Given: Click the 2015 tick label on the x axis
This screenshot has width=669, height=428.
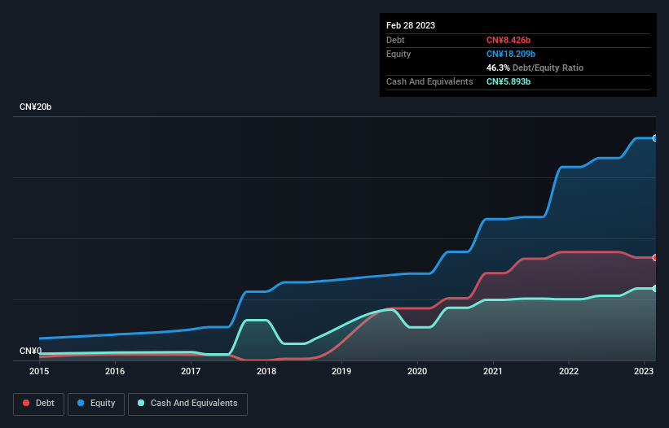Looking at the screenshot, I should click(x=39, y=372).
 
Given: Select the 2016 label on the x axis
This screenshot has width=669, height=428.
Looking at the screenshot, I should click(x=115, y=372).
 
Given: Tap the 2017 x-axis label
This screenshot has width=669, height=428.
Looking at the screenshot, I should click(x=191, y=372).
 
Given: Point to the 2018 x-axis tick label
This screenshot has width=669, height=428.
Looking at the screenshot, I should click(x=266, y=372).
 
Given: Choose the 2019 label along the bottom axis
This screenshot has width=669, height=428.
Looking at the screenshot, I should click(x=341, y=372).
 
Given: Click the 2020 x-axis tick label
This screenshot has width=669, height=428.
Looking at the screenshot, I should click(x=417, y=372).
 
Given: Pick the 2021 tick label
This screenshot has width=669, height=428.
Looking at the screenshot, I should click(x=493, y=372).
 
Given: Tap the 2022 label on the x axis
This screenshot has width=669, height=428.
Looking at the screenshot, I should click(x=569, y=372).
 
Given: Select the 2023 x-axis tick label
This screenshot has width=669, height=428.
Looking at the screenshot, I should click(x=644, y=372).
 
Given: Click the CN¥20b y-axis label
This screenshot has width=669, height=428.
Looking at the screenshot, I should click(x=35, y=107).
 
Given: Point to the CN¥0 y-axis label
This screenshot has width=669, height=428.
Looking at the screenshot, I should click(x=30, y=351).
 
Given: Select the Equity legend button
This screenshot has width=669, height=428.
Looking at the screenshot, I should click(x=96, y=404).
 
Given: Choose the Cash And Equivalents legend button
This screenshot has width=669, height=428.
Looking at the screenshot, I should click(x=187, y=404).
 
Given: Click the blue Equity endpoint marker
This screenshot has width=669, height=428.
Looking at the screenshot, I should click(x=655, y=138).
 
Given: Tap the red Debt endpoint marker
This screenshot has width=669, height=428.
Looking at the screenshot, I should click(x=655, y=258).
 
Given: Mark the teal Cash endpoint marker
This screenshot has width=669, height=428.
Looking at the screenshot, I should click(x=655, y=289).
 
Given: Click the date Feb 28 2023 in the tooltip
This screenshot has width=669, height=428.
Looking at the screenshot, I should click(x=411, y=25).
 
